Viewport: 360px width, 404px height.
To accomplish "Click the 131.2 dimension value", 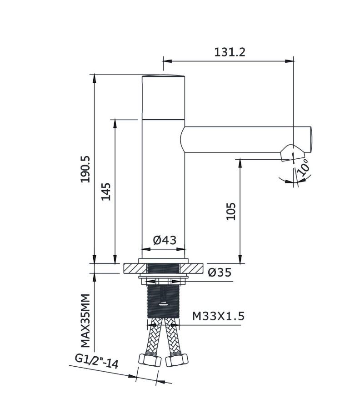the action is [x=230, y=52].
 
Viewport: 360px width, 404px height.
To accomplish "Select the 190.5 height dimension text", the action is [x=85, y=169].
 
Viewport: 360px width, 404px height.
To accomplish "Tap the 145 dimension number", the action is [x=106, y=192].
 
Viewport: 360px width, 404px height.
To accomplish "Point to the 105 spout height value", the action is [x=231, y=211].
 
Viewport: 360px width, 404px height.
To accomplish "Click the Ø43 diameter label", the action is [x=165, y=240].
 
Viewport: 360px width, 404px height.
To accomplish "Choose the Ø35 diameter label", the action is [x=220, y=272].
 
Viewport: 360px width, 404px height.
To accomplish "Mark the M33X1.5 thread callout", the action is [x=218, y=316].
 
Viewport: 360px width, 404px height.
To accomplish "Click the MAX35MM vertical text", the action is [x=85, y=321].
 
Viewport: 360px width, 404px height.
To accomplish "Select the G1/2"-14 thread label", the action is [x=97, y=361].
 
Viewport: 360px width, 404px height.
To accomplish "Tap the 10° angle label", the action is [x=303, y=167].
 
